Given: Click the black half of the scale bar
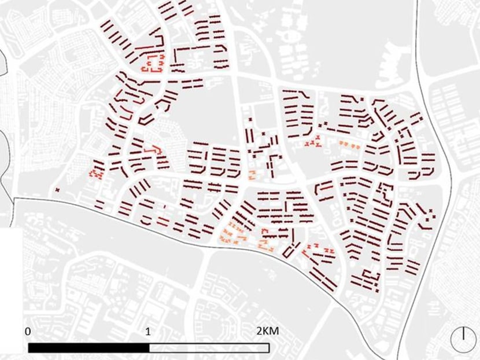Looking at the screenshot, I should coord(88,348).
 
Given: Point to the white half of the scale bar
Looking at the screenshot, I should coord(209,348).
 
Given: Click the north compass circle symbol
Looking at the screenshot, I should coord(464,336).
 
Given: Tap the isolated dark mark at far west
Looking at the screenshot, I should coord(57,189).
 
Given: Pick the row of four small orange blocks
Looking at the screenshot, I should coord(349,145).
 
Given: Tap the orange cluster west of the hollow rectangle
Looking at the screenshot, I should coord(268,240).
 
